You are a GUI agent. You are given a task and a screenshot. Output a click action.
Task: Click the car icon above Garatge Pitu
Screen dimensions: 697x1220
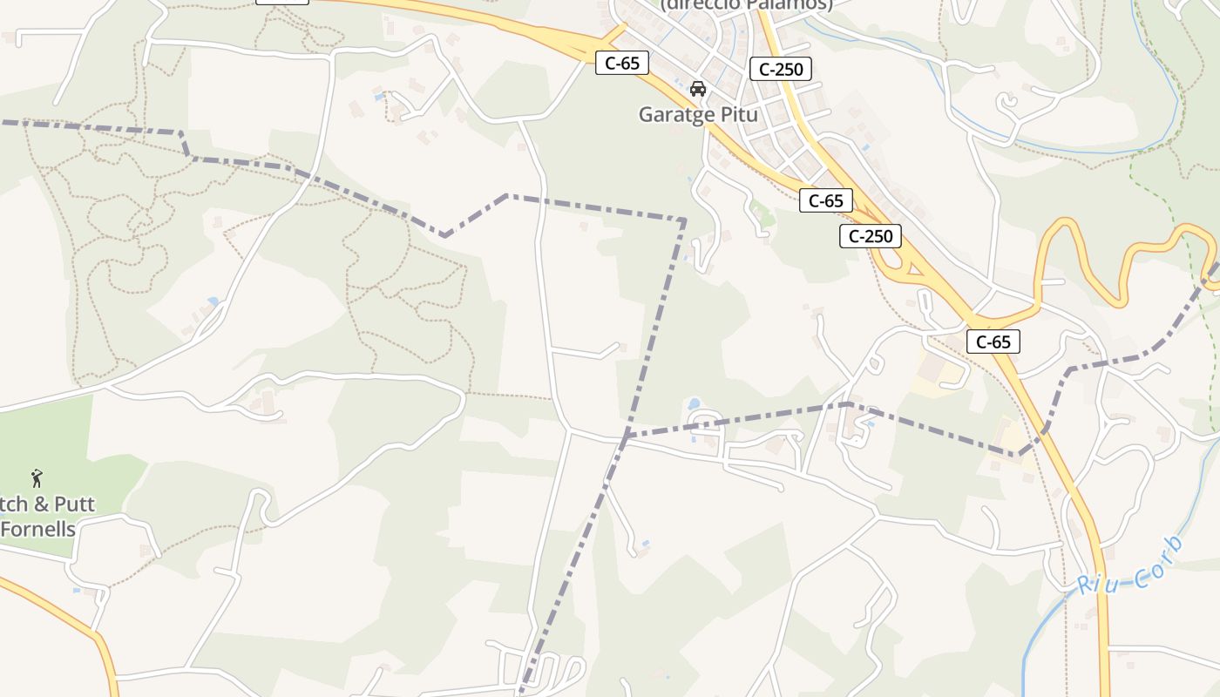(x=697, y=89)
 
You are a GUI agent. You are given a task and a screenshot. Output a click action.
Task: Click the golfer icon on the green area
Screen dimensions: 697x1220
(x=37, y=477)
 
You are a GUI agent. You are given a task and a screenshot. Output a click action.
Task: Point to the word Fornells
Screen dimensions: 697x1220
(x=38, y=529)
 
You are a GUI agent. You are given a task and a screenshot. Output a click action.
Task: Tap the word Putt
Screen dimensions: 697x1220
(x=75, y=504)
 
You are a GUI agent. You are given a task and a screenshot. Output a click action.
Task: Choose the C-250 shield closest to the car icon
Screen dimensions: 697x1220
(x=781, y=69)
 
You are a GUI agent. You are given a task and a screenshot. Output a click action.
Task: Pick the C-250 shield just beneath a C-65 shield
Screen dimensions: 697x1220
(x=871, y=235)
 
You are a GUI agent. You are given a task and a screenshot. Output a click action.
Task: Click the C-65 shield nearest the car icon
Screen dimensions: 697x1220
(x=622, y=63)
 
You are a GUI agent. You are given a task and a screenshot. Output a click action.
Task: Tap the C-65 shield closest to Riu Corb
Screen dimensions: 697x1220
(x=993, y=342)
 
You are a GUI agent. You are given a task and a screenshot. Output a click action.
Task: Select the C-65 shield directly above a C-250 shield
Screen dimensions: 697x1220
(x=825, y=200)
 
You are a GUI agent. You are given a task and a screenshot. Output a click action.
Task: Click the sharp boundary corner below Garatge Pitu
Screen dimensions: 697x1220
(x=684, y=220)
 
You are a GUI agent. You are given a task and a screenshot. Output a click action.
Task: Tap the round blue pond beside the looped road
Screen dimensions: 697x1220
(x=694, y=404)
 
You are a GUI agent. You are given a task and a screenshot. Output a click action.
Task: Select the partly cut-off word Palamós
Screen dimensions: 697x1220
(x=792, y=4)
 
